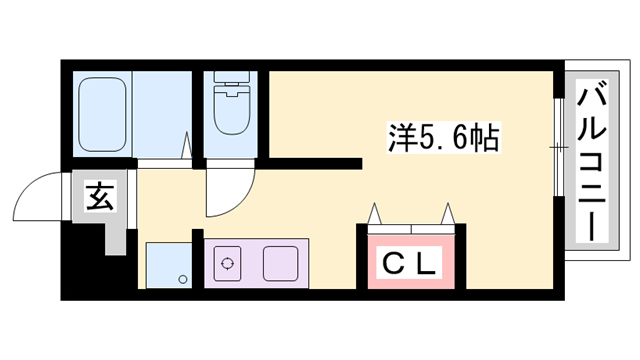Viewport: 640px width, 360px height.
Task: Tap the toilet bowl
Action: click(231, 113)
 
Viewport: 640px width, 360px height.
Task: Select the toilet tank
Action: click(231, 81)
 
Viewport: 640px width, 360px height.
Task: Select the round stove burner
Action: click(228, 265)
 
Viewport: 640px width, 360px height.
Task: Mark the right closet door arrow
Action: click(447, 214)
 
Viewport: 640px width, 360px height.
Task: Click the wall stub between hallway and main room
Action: click(315, 163)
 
